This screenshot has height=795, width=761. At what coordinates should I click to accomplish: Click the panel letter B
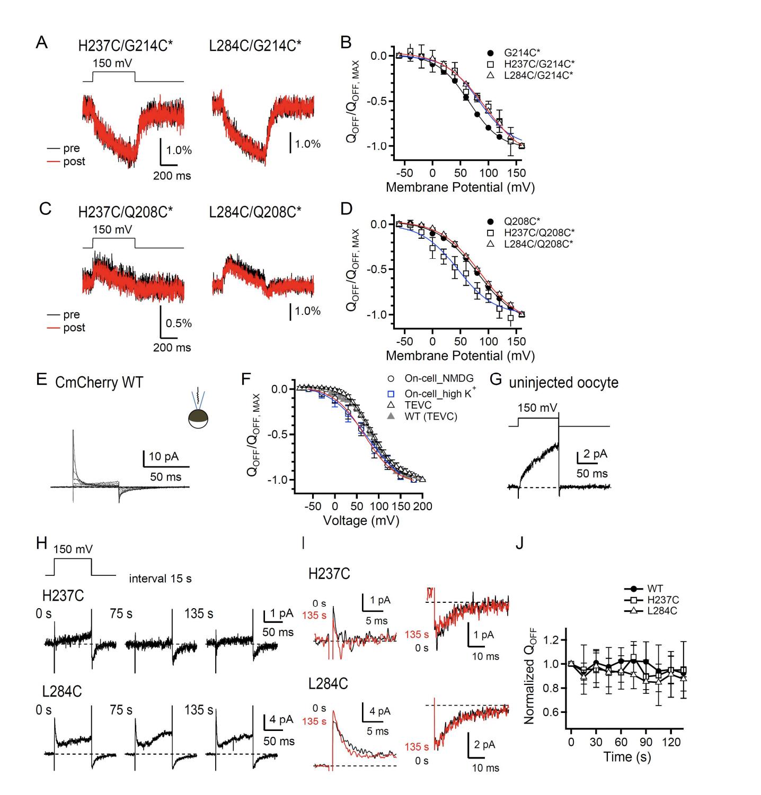[x=346, y=42]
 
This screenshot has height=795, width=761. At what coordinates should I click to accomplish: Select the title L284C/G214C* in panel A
[x=255, y=46]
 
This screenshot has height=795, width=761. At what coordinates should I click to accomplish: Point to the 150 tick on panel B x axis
[x=516, y=173]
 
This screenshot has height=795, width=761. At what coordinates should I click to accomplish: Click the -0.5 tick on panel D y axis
[x=378, y=269]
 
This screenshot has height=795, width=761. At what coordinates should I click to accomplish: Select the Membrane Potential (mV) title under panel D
[x=459, y=355]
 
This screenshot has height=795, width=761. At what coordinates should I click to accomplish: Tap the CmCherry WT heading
[x=99, y=382]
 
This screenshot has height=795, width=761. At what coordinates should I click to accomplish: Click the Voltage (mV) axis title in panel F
[x=361, y=520]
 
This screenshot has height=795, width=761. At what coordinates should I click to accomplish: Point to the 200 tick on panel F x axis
[x=422, y=507]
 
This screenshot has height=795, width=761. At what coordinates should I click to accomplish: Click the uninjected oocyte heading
[x=563, y=382]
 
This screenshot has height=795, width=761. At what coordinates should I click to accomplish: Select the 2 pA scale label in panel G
[x=595, y=454]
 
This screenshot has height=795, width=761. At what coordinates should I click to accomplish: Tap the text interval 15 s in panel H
[x=160, y=579]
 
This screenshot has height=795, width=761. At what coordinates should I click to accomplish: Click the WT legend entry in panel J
[x=654, y=589]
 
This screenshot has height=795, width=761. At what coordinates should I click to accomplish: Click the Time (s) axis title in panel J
[x=626, y=757]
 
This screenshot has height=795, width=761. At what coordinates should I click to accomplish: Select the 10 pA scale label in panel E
[x=163, y=457]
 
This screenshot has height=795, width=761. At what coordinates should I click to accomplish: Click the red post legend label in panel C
[x=74, y=328]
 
